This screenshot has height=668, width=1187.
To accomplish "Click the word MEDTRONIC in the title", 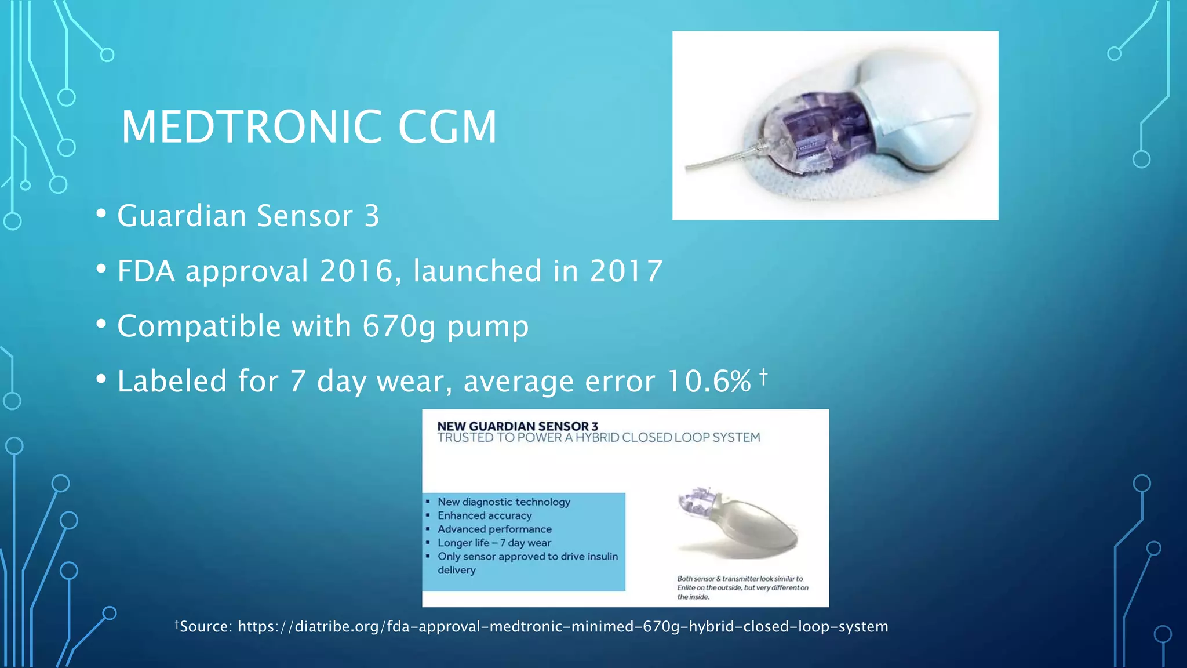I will click(251, 127).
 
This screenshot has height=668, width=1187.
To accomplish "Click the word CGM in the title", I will click(447, 127).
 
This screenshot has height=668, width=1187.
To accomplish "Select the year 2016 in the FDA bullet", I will click(356, 271).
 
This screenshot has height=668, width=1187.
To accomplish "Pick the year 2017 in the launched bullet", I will click(626, 271).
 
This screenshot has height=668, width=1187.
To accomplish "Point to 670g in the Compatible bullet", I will click(398, 326).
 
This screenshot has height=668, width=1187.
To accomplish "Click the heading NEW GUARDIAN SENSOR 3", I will click(517, 426).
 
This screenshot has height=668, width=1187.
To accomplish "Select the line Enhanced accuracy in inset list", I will click(484, 515).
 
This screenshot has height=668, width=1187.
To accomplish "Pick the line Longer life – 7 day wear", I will click(494, 543).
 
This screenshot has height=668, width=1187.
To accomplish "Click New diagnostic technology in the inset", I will click(503, 502).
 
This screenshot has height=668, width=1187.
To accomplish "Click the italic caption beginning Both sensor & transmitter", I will click(742, 587).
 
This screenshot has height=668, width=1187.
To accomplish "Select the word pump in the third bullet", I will click(487, 326).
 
